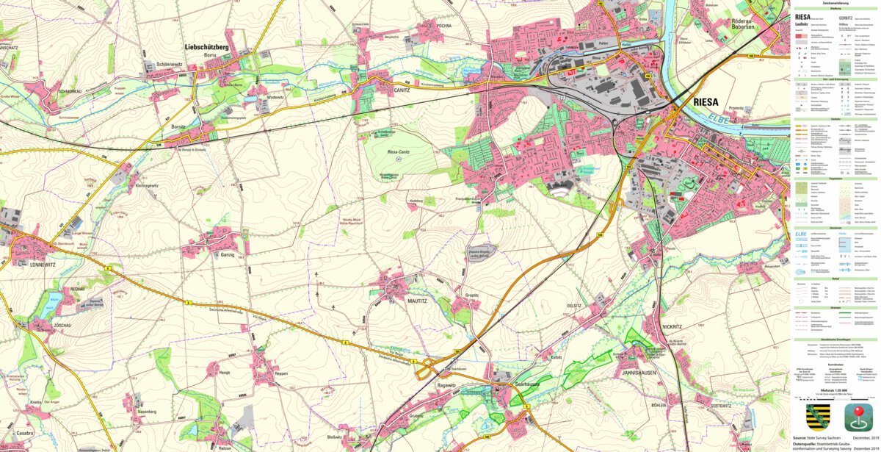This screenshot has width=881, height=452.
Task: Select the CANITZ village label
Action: pyautogui.click(x=402, y=90)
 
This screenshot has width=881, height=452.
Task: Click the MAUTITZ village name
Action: pyautogui.click(x=396, y=300)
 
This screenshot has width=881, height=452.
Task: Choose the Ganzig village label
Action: pyautogui.click(x=228, y=254)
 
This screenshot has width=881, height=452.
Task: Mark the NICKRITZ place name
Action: pyautogui.click(x=672, y=326)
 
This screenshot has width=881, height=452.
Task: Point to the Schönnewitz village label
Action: pyautogui.click(x=174, y=65)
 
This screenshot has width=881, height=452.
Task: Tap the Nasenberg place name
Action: pyautogui.click(x=148, y=412)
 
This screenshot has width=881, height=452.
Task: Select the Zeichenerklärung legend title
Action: pyautogui.click(x=835, y=3)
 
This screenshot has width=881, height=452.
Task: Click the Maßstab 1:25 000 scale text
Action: pyautogui.click(x=835, y=390)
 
